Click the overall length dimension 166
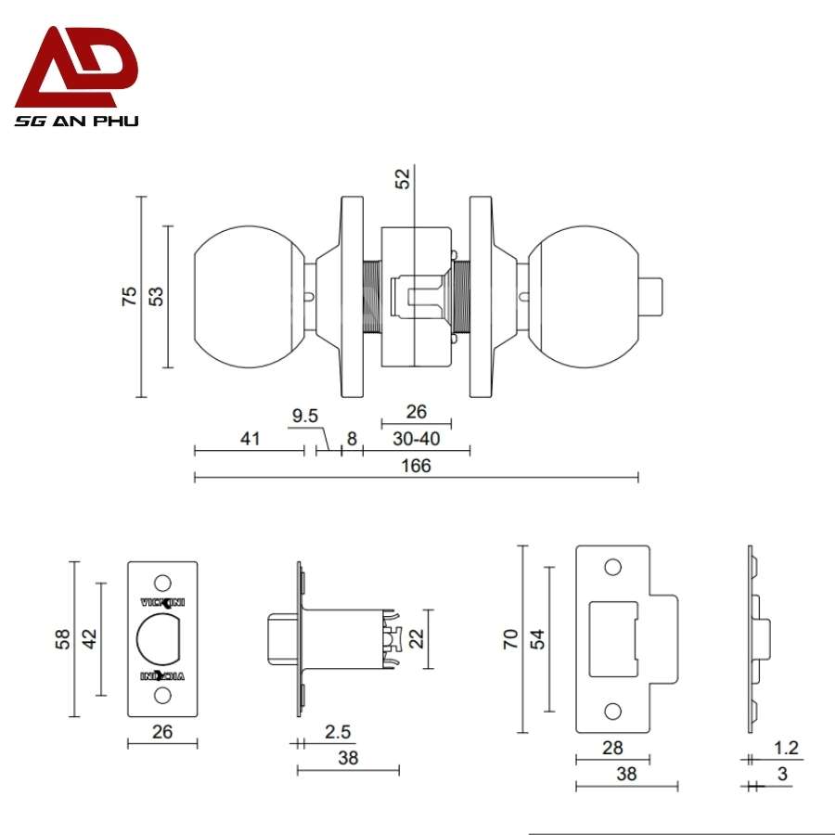click(x=417, y=466)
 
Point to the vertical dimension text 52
click(x=402, y=179)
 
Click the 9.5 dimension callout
click(x=305, y=416)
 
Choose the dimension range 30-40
click(x=416, y=438)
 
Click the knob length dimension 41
click(x=249, y=438)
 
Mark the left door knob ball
click(x=248, y=297)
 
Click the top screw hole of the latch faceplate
click(x=162, y=582)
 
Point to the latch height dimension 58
click(x=63, y=638)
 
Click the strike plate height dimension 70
click(x=511, y=638)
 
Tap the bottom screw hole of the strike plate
click(x=611, y=711)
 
